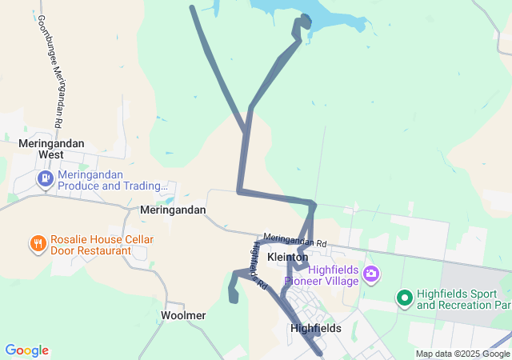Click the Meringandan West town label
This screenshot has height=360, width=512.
pos(51,148)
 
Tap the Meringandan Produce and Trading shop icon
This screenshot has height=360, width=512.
pos(45,177)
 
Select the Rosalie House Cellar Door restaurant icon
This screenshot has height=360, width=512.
pos(37,242)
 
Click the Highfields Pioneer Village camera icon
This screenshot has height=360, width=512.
pos(370,274)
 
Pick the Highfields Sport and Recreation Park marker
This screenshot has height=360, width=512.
pos(405,298)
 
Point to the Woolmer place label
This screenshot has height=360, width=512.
pos(183,315)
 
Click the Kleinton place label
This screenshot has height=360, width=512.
pos(287,258)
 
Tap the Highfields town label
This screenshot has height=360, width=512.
pos(315,328)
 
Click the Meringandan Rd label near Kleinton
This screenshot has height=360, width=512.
pos(294,240)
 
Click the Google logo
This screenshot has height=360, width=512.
pos(26,350)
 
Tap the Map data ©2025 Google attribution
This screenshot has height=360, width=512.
pos(462,354)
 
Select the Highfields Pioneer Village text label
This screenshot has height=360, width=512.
pos(330,274)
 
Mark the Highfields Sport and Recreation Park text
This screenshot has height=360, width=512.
pos(463,299)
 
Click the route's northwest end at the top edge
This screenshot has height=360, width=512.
pos(192,8)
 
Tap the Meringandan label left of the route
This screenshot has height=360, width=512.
pos(173,210)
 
